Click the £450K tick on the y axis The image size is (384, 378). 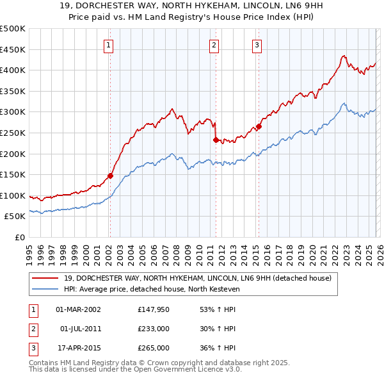(13, 49)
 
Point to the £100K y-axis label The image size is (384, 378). (13, 195)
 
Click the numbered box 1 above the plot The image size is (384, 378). (109, 45)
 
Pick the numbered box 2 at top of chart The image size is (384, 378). (214, 45)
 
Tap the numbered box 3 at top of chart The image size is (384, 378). (257, 45)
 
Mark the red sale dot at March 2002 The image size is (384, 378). (110, 175)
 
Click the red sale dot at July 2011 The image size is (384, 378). (216, 139)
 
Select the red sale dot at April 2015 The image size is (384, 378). (259, 126)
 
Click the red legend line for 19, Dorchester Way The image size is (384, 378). (45, 279)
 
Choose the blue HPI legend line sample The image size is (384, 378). (45, 289)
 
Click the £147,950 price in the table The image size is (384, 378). (154, 309)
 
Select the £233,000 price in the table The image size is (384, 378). (154, 329)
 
